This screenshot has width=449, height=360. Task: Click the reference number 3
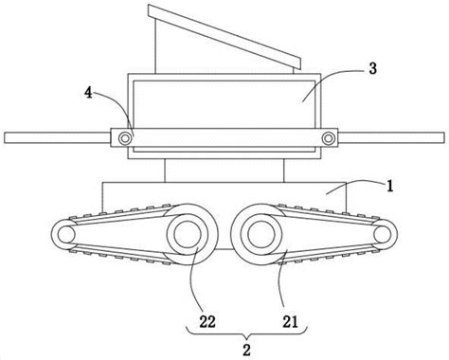(373, 68)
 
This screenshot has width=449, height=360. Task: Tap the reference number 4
(88, 93)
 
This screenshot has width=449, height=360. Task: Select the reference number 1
(390, 186)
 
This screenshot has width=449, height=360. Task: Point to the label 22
(207, 322)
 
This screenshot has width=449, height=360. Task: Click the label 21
(290, 322)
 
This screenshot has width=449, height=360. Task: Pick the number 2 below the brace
(246, 350)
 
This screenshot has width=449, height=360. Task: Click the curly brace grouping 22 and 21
(246, 333)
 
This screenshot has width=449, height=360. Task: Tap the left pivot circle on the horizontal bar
(125, 138)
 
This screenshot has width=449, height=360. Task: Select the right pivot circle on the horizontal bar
(329, 138)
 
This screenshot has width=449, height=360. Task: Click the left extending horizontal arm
(58, 137)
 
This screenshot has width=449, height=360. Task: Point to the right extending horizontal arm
(391, 137)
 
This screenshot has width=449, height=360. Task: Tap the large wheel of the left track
(188, 234)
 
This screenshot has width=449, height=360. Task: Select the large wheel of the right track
(260, 234)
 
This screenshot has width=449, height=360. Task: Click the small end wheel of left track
(65, 235)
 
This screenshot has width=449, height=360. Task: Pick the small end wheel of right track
(383, 235)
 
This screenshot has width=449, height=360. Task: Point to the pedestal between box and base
(224, 171)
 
